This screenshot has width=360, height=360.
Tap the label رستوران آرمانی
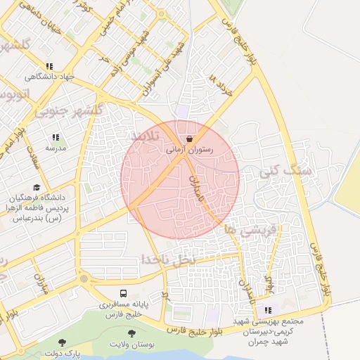coord(189,150)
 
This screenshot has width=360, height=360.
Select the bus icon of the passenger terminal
coord(124,293)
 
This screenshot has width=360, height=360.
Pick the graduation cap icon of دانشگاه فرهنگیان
coord(37,186)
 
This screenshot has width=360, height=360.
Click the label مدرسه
coord(56,148)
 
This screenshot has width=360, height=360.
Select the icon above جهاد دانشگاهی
coord(49,66)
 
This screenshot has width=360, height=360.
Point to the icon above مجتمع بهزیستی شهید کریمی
coord(267,310)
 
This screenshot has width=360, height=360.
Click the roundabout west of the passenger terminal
coord(84,279)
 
